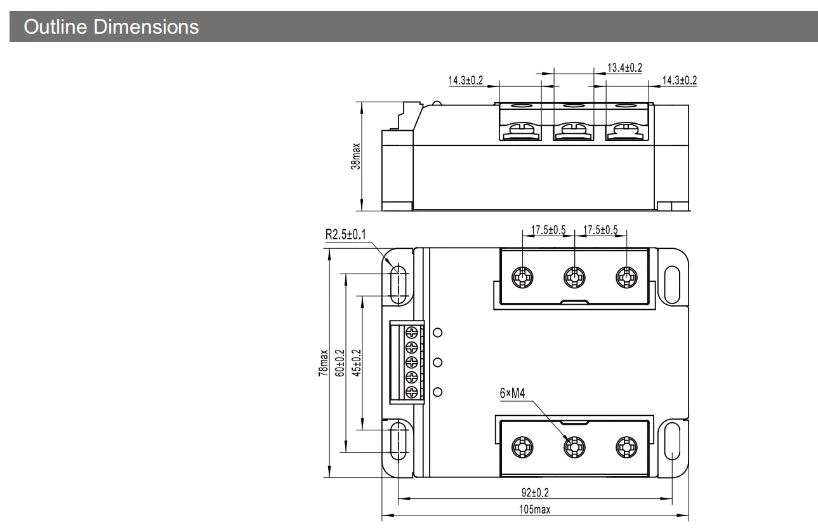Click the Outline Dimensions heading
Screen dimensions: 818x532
pos(111,27)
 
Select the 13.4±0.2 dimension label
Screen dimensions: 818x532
pos(624,67)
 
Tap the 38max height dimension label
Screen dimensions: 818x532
pos(355,156)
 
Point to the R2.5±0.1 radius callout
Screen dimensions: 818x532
pos(345,235)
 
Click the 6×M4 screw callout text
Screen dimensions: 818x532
pos(512,393)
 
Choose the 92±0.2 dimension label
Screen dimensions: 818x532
pos(535,493)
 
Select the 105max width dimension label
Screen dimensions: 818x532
pos(534,509)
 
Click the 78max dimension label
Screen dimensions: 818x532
pos(323,363)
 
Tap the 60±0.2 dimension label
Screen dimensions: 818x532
pos(340,363)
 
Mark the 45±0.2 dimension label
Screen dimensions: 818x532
pos(356,363)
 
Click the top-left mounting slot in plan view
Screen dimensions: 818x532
pos(399,284)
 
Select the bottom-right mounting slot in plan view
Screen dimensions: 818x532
pos(672,441)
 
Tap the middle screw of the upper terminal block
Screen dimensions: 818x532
pos(574,277)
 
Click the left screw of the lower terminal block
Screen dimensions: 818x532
pos(522,447)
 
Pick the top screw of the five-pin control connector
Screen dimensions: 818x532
pos(412,333)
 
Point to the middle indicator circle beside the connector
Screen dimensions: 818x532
pos(437,362)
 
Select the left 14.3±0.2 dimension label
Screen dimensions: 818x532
pos(466,80)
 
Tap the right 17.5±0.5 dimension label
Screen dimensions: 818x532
pos(600,230)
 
